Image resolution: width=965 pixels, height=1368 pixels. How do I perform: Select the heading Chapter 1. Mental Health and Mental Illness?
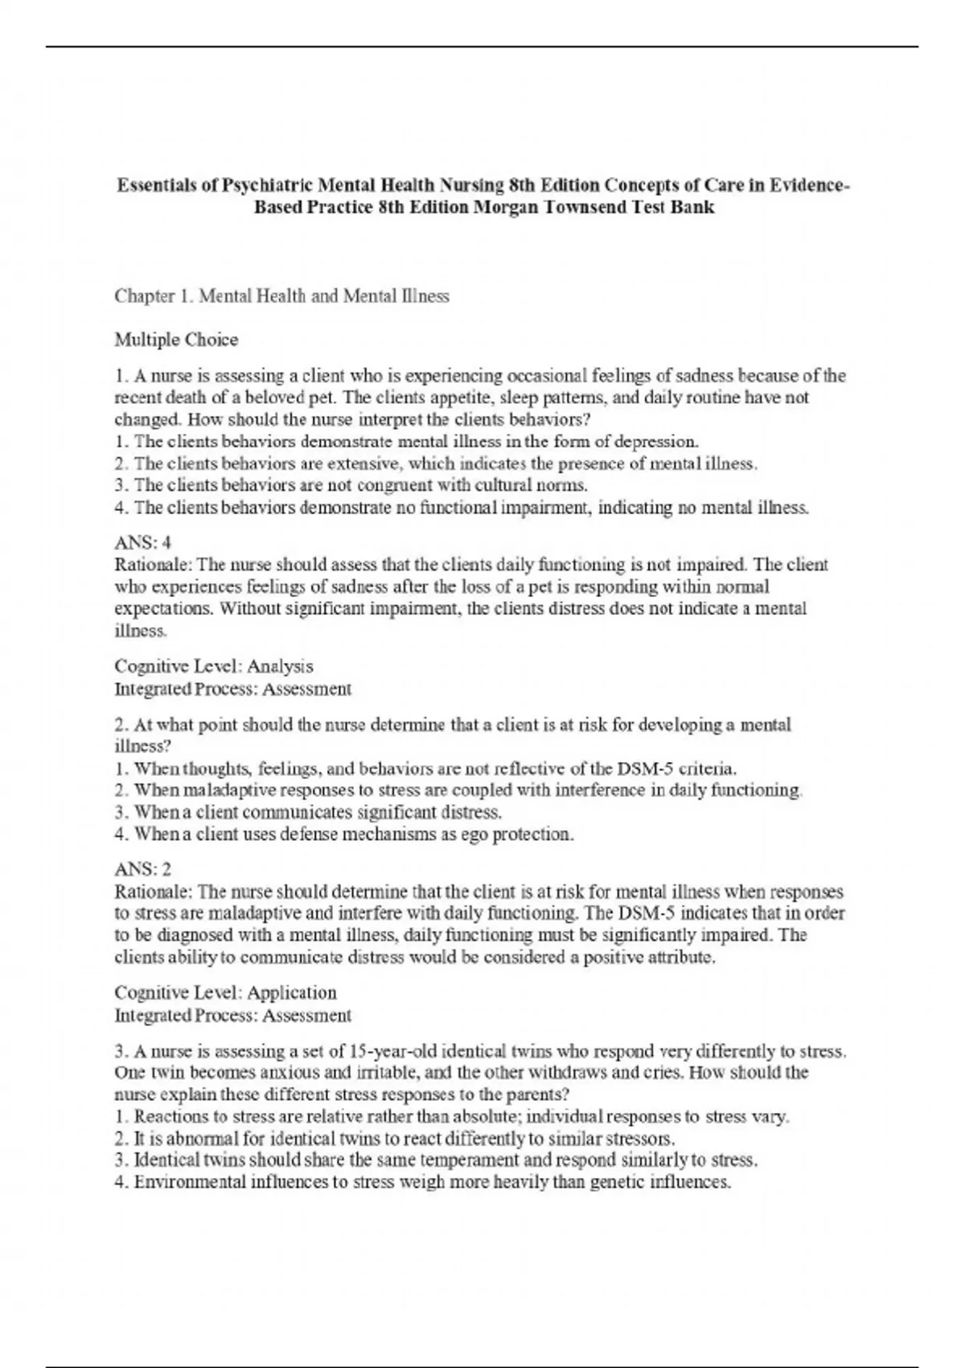tap(281, 296)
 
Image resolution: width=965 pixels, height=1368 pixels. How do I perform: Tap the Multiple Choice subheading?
tap(176, 340)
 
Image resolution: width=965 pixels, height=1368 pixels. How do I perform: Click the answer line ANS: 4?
tap(142, 543)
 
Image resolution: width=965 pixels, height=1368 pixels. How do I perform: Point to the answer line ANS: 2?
tap(142, 870)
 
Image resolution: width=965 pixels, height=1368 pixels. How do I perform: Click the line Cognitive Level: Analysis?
tap(213, 666)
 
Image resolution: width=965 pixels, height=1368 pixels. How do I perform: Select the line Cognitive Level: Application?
tap(225, 993)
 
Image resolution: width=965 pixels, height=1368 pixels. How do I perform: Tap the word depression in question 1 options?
tap(659, 442)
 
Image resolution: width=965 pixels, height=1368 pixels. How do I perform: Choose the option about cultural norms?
tap(351, 485)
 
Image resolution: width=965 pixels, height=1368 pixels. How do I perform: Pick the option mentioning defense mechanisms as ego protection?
tap(344, 834)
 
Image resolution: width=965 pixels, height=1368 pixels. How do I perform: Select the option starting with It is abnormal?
tap(394, 1139)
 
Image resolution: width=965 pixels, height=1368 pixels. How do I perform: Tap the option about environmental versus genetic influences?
tap(423, 1183)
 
